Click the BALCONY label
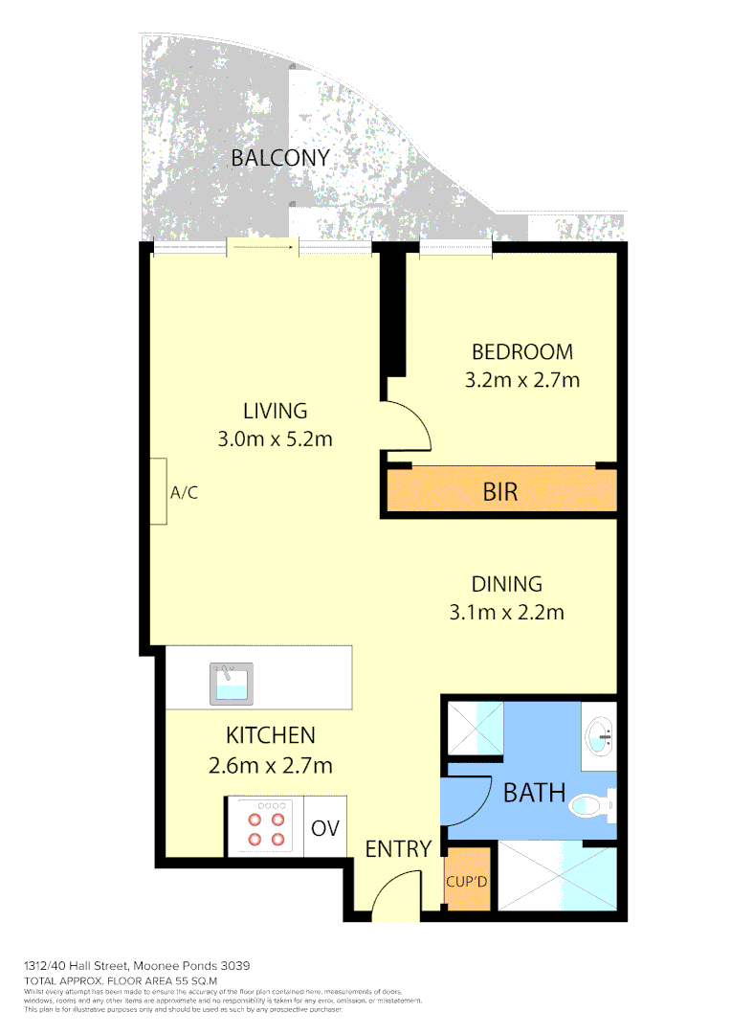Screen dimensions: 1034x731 [280, 158]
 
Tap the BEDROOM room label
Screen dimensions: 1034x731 [522, 351]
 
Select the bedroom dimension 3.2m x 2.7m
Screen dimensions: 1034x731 [522, 380]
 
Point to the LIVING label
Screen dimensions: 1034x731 [275, 411]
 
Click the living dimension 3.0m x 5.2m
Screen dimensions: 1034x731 [275, 439]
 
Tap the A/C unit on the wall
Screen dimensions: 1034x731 [158, 492]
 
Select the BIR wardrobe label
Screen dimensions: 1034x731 [500, 492]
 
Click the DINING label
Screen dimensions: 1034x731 [506, 583]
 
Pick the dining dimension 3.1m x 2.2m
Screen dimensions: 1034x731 [506, 613]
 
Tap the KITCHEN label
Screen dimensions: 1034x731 [270, 735]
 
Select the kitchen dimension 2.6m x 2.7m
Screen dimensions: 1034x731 [270, 765]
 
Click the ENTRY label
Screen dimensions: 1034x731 [398, 848]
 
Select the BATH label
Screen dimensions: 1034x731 [535, 793]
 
